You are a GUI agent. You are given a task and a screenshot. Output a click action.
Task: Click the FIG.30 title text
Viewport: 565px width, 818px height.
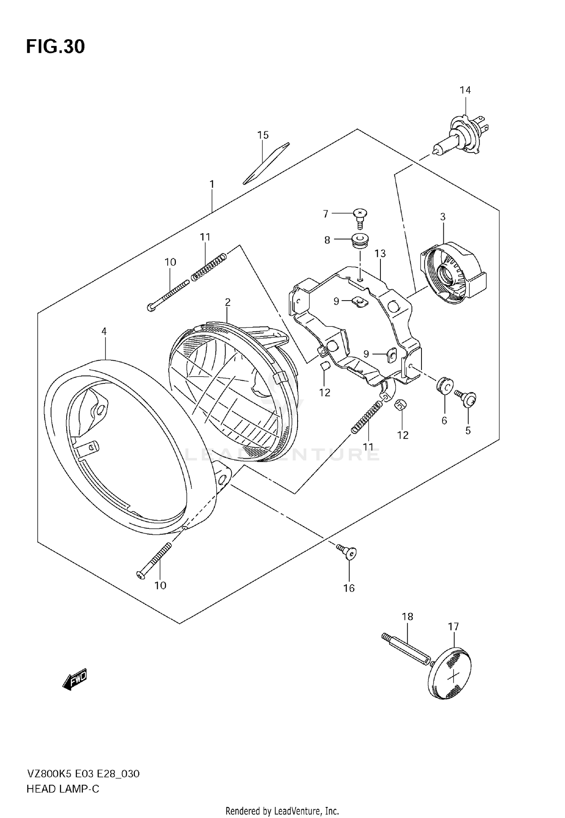(55, 47)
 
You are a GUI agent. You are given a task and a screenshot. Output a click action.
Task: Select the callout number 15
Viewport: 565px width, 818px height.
(263, 135)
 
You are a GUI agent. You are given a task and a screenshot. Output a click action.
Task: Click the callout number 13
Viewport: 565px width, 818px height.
(380, 253)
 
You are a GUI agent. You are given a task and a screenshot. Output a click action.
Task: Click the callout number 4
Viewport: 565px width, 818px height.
(104, 331)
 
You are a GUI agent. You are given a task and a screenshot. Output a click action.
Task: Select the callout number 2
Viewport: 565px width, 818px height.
(228, 302)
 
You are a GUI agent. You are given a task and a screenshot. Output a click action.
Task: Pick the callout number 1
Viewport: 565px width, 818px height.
(212, 185)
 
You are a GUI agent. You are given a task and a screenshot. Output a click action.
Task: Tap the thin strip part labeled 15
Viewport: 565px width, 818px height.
(266, 163)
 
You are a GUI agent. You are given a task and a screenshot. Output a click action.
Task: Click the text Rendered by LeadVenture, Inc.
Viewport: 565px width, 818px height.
(282, 810)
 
